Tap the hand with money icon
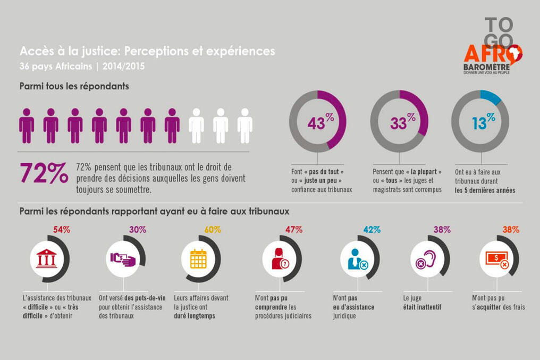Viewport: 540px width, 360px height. pyautogui.click(x=122, y=259)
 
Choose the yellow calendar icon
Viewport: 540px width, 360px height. pyautogui.click(x=198, y=259)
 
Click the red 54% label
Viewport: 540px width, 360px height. pyautogui.click(x=62, y=230)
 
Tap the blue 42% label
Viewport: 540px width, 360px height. pyautogui.click(x=372, y=230)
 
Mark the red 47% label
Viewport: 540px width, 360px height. pyautogui.click(x=294, y=230)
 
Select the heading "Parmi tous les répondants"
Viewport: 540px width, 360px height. pyautogui.click(x=74, y=86)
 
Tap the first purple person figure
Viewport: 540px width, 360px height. pyautogui.click(x=27, y=125)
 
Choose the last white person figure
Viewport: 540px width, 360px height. pyautogui.click(x=245, y=125)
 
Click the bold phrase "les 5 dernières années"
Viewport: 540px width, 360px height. pyautogui.click(x=485, y=190)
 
